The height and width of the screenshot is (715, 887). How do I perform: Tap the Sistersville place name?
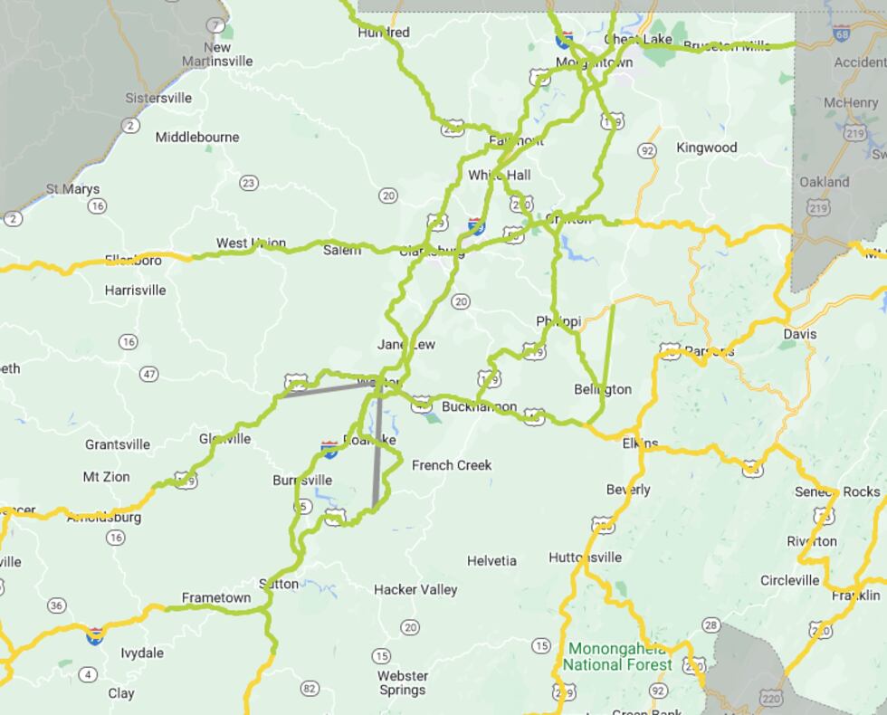[x=158, y=98]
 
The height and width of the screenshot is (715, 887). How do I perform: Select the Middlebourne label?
[x=197, y=138]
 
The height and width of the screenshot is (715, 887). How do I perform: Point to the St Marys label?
[x=72, y=189]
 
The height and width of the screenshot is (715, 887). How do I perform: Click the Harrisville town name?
[x=135, y=291]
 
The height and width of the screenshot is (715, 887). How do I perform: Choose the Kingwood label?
[x=707, y=148]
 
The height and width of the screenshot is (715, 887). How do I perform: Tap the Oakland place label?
[x=824, y=182]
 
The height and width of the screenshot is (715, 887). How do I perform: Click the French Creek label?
[x=452, y=465]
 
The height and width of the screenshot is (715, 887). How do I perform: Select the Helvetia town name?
[x=491, y=561]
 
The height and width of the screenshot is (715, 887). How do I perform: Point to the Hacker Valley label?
[x=415, y=590]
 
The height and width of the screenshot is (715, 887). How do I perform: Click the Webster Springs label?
[x=403, y=682]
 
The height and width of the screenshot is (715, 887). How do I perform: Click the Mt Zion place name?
[x=106, y=477]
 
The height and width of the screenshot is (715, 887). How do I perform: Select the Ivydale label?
[x=142, y=653]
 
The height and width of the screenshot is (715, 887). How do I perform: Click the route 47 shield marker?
[x=149, y=374]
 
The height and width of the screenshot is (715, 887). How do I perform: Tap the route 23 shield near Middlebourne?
[x=248, y=183]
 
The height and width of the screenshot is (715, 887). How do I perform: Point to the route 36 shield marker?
[x=57, y=605]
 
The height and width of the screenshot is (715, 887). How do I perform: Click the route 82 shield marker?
[x=310, y=689]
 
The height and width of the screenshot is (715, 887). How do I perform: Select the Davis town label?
[x=799, y=334]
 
